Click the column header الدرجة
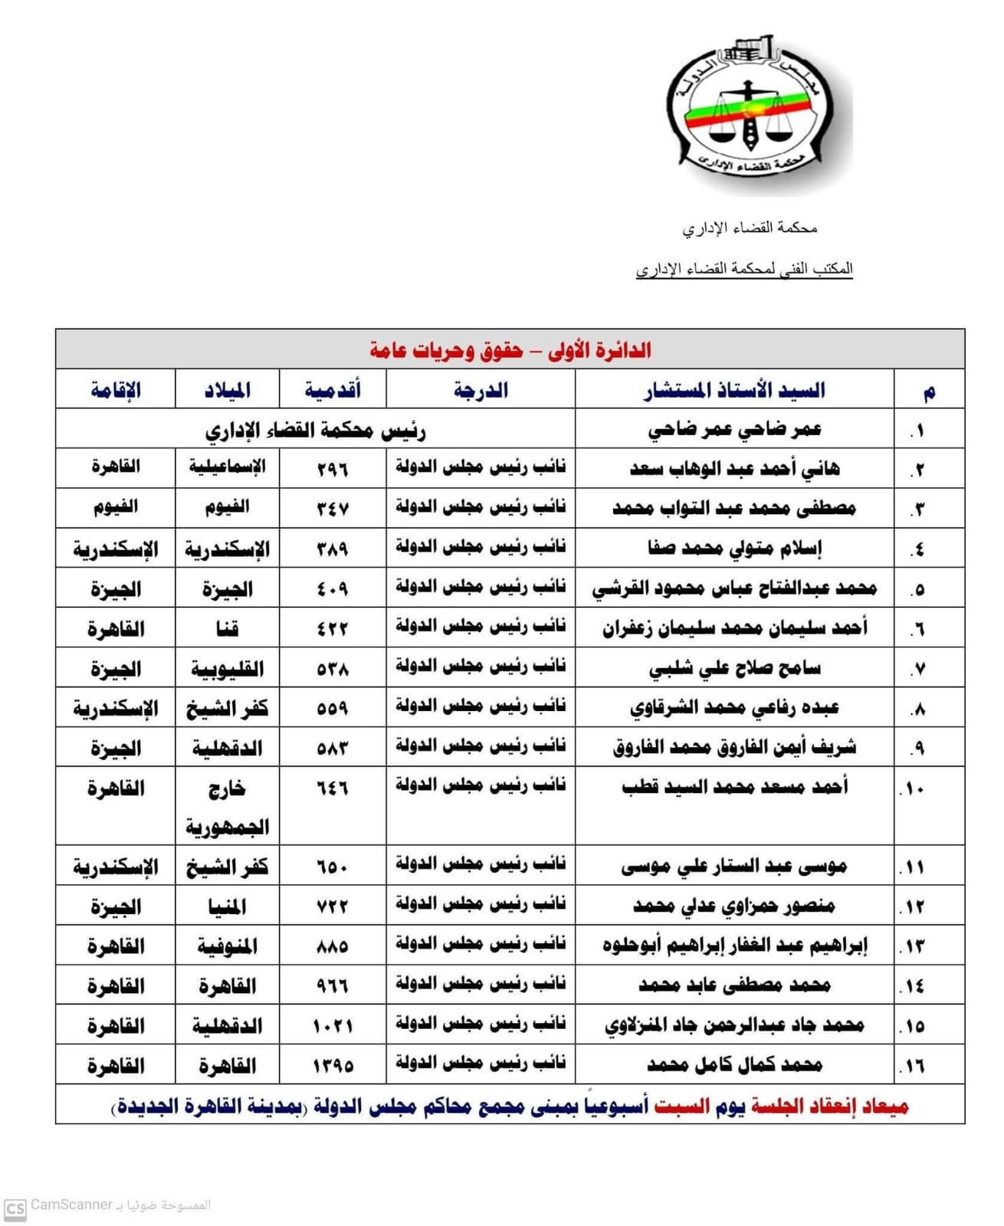pos(481,390)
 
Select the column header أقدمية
pos(333,390)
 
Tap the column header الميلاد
pos(227,390)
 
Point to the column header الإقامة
pos(116,390)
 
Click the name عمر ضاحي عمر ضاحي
pos(734,430)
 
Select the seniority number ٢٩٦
pos(333,469)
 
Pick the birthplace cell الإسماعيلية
pos(227,467)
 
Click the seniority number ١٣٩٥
pos(333,1066)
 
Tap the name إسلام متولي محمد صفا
pos(734,549)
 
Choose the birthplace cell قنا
pos(227,629)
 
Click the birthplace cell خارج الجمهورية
pos(227,808)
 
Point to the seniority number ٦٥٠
pos(333,867)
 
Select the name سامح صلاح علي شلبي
pos(734,668)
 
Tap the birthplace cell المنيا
pos(227,907)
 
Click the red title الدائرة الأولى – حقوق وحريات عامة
pos(510,350)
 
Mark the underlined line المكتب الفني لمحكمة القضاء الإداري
pos(744,269)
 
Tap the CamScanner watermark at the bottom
pos(107,1205)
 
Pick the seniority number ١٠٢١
pos(333,1026)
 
